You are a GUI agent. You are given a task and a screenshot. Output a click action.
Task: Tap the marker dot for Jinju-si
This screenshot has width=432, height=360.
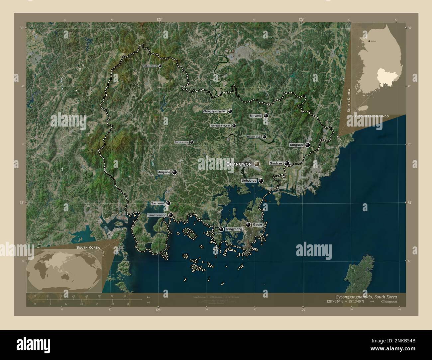174,172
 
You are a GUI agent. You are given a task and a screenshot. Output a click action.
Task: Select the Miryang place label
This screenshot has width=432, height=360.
256,116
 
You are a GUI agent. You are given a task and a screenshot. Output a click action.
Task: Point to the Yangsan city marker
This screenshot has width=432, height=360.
308,145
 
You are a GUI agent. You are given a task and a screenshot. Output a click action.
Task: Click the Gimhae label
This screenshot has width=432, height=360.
276,163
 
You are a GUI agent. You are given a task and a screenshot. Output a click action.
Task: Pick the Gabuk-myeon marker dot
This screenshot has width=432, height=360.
160,66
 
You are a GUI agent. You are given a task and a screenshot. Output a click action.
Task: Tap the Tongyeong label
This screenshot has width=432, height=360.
234,229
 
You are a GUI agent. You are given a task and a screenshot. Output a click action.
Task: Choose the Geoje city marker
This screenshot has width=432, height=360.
248,225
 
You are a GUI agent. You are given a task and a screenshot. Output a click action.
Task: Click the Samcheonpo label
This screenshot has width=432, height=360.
157,215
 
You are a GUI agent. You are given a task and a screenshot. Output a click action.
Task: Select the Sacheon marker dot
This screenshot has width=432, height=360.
168,203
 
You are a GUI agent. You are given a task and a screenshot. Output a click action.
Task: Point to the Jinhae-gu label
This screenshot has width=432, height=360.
249,181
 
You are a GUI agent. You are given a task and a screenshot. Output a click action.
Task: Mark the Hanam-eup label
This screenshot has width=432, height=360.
254,137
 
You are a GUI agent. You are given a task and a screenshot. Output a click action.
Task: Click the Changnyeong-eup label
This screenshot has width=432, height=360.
215,112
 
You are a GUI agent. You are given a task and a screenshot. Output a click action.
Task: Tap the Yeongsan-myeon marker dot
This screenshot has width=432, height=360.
234,126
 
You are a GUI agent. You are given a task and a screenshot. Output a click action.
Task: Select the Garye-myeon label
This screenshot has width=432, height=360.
181,142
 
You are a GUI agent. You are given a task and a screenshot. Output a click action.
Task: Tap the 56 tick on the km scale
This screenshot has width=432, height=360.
125,296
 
